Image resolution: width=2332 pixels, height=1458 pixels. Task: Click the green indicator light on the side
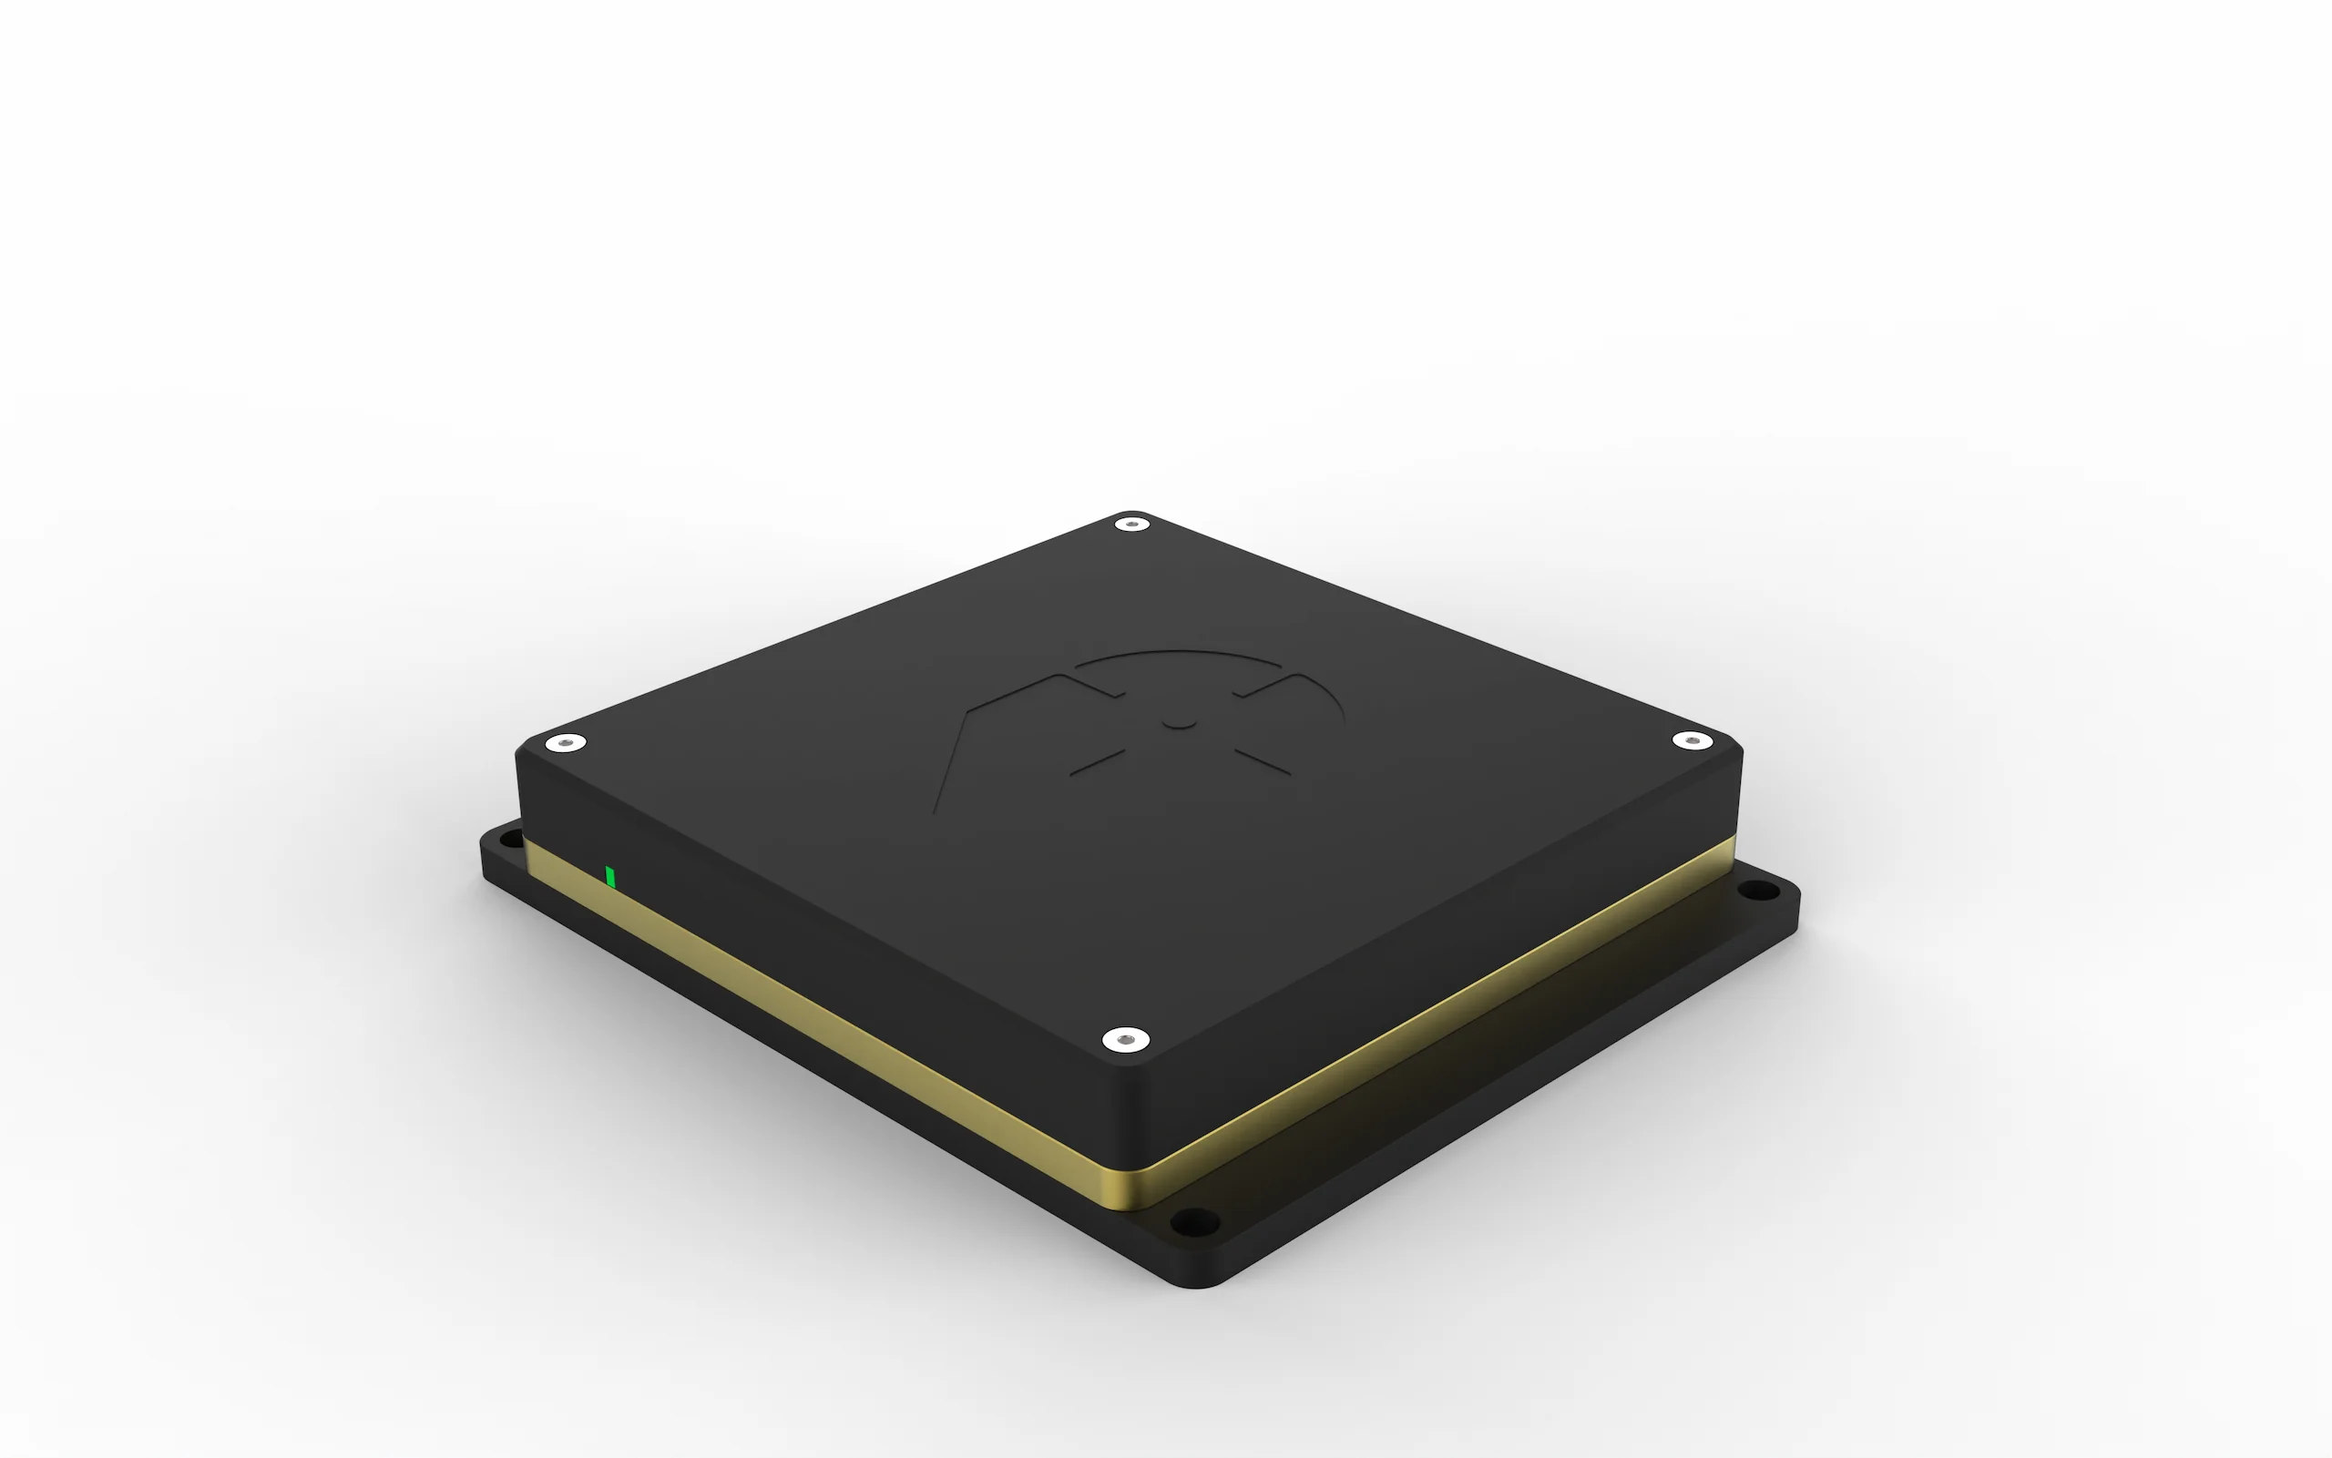pos(609,877)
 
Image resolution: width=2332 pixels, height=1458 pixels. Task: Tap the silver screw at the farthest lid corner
pos(1131,525)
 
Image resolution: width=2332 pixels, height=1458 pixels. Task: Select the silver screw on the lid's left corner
pos(565,743)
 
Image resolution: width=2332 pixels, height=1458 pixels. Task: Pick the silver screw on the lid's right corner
pos(1691,740)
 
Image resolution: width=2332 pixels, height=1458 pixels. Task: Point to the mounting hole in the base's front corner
pos(1194,1225)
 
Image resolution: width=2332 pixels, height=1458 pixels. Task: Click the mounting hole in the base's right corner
pos(1760,893)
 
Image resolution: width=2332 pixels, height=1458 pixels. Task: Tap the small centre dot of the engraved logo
pos(1178,721)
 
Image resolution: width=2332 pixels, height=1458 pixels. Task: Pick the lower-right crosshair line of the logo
pos(1263,762)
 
